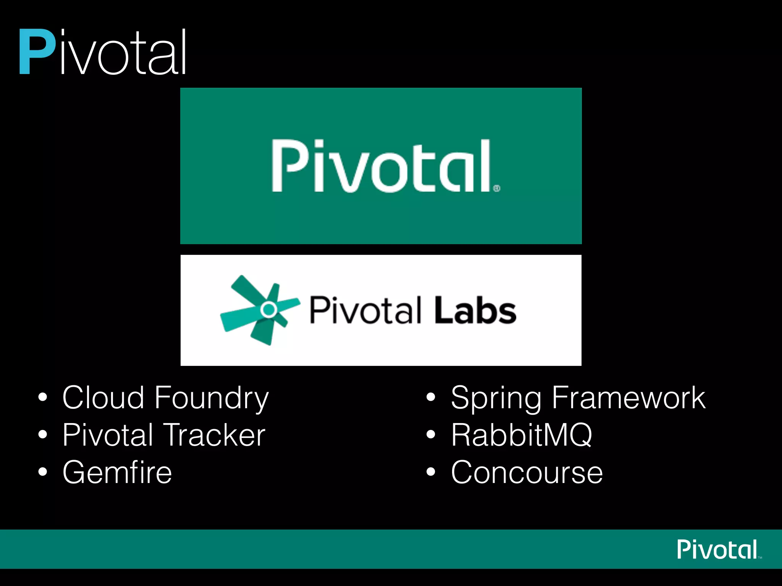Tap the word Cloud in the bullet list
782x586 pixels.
[x=103, y=398]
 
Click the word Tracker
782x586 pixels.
[x=214, y=435]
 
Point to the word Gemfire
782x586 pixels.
[x=117, y=472]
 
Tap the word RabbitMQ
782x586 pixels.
[x=521, y=435]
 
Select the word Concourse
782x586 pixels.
[x=527, y=472]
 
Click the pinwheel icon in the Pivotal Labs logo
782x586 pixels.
[x=260, y=310]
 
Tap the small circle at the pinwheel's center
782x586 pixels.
[x=269, y=309]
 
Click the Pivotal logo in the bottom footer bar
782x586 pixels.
[x=717, y=549]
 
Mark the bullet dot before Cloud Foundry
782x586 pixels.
[x=43, y=397]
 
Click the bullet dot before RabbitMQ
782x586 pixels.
[x=431, y=435]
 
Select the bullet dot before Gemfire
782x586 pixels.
[x=43, y=472]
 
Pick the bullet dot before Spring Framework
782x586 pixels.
[x=431, y=397]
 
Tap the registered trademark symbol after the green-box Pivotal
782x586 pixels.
[x=496, y=188]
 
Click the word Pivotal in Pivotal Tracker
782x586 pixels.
[x=108, y=435]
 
